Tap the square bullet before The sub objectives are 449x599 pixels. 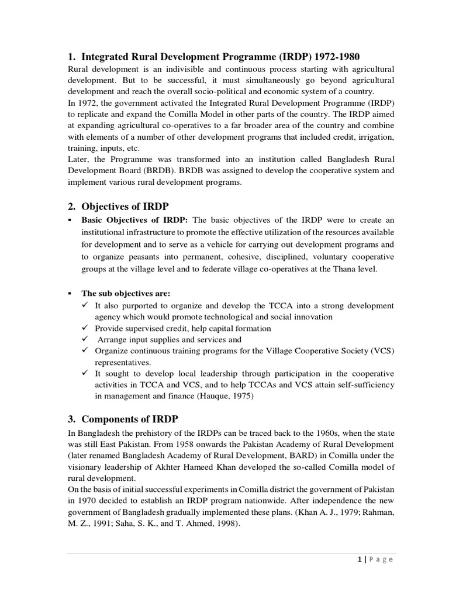tap(70, 293)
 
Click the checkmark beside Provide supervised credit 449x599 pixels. tap(85, 328)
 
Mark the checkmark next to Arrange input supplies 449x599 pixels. tap(85, 339)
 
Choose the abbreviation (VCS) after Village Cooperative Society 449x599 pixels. tap(381, 350)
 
